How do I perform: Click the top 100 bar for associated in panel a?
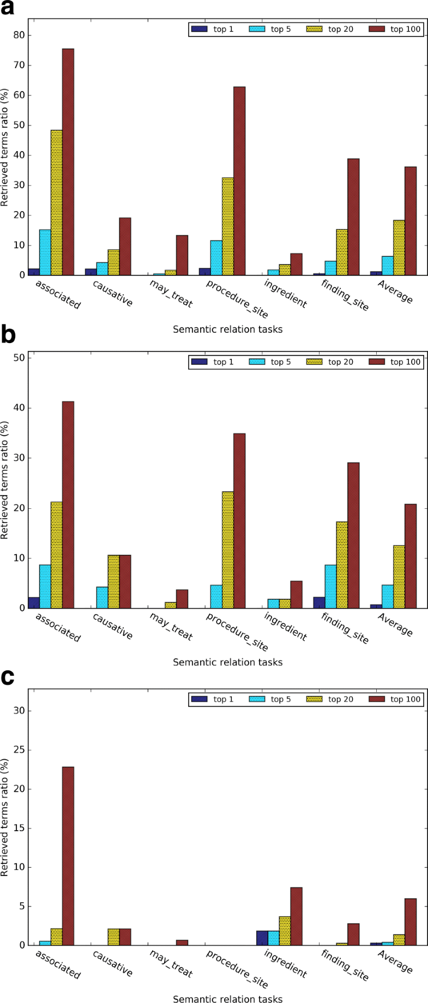[68, 162]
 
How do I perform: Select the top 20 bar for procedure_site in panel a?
[227, 226]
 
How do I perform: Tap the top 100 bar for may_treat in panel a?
[182, 255]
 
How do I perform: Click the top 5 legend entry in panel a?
[270, 29]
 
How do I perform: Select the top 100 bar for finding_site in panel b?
[353, 535]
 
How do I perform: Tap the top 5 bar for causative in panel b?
[102, 597]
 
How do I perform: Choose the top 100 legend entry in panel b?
[395, 362]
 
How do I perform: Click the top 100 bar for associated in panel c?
[68, 856]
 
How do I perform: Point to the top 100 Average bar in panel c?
[410, 922]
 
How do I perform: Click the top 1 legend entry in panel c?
[212, 699]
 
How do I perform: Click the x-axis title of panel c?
[227, 999]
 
